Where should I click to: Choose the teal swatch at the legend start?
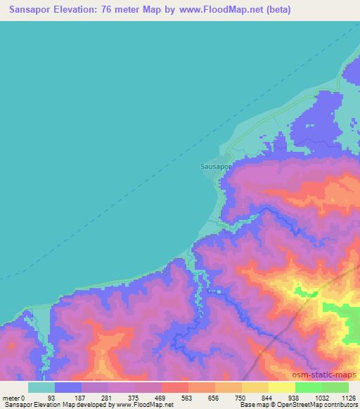[x=41, y=387]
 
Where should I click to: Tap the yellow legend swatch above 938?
[x=282, y=387]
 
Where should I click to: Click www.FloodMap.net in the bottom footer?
[x=143, y=405]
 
